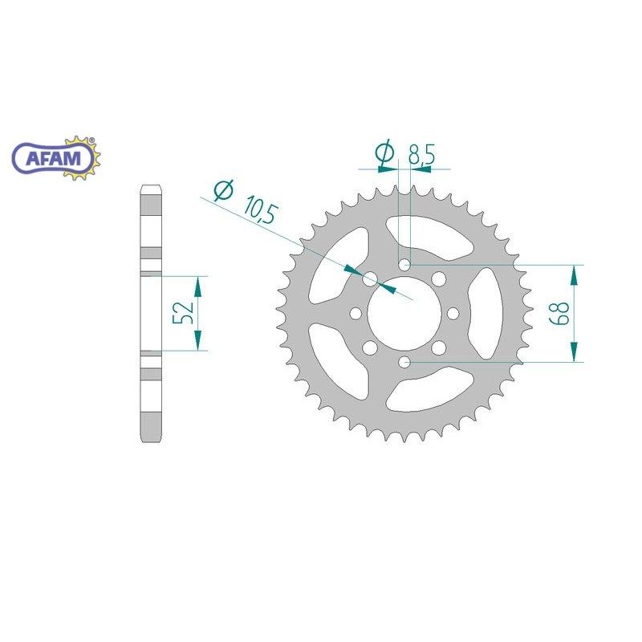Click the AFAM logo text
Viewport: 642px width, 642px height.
[x=53, y=158]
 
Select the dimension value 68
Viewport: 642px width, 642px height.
[x=559, y=314]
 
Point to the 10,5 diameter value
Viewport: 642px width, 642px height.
[x=261, y=210]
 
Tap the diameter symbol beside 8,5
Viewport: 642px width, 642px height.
[x=384, y=152]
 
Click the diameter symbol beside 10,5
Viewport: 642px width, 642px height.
[x=224, y=190]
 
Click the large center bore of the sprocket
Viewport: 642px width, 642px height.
[x=404, y=314]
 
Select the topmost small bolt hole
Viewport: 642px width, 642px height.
[x=404, y=265]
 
